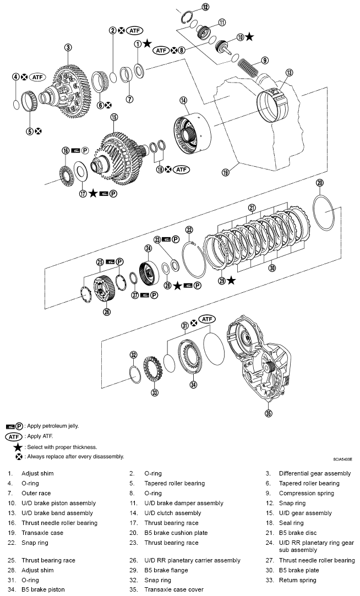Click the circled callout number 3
pos(68,48)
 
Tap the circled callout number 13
pos(290,72)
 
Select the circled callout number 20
pos(320,183)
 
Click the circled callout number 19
pos(225,172)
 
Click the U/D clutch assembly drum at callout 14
pos(193,129)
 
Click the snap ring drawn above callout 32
pos(134,372)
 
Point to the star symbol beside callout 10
pos(249,36)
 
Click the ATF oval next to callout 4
pos(37,77)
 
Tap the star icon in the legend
pos(18,447)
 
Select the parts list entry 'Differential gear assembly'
pos(314,473)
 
